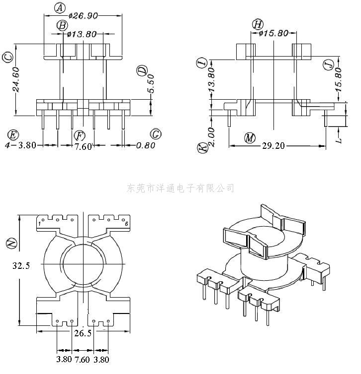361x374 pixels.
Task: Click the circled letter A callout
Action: (59, 7)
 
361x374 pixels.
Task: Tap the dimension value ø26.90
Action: (83, 16)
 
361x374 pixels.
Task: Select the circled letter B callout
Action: (62, 25)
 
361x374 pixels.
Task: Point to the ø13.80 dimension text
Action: (81, 35)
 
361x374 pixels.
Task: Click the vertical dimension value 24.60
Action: (16, 79)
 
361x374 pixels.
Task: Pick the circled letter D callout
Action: (142, 71)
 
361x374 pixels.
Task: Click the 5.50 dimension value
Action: (152, 84)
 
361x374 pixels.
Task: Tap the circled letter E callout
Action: (13, 135)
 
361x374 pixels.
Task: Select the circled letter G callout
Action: (156, 134)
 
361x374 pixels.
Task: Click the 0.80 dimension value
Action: (145, 145)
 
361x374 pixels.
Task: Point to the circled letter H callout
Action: (257, 24)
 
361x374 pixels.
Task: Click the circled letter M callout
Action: (250, 137)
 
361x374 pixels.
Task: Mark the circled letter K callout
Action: (202, 148)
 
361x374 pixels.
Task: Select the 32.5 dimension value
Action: (21, 265)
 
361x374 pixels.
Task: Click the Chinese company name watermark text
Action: (180, 188)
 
